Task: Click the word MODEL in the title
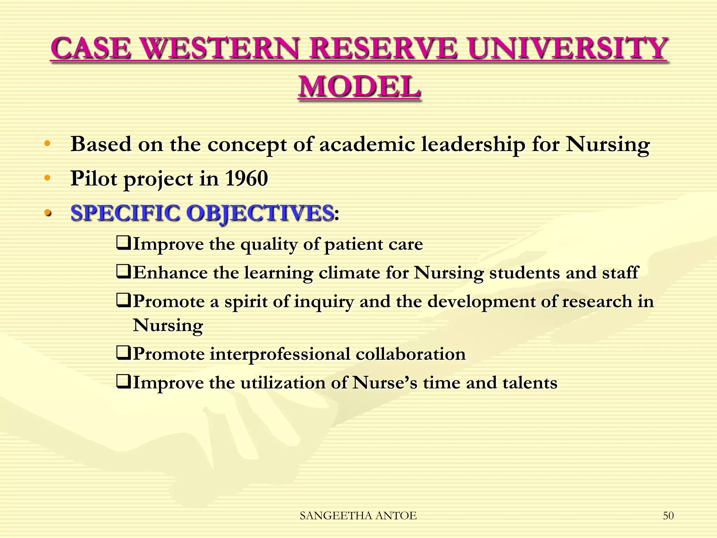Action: (x=359, y=87)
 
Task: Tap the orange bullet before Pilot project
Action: (x=47, y=178)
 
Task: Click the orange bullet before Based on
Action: (x=47, y=144)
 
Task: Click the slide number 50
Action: (x=668, y=516)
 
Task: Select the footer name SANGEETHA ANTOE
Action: (x=358, y=516)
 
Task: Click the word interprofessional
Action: (x=280, y=354)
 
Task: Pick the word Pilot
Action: (x=94, y=178)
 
